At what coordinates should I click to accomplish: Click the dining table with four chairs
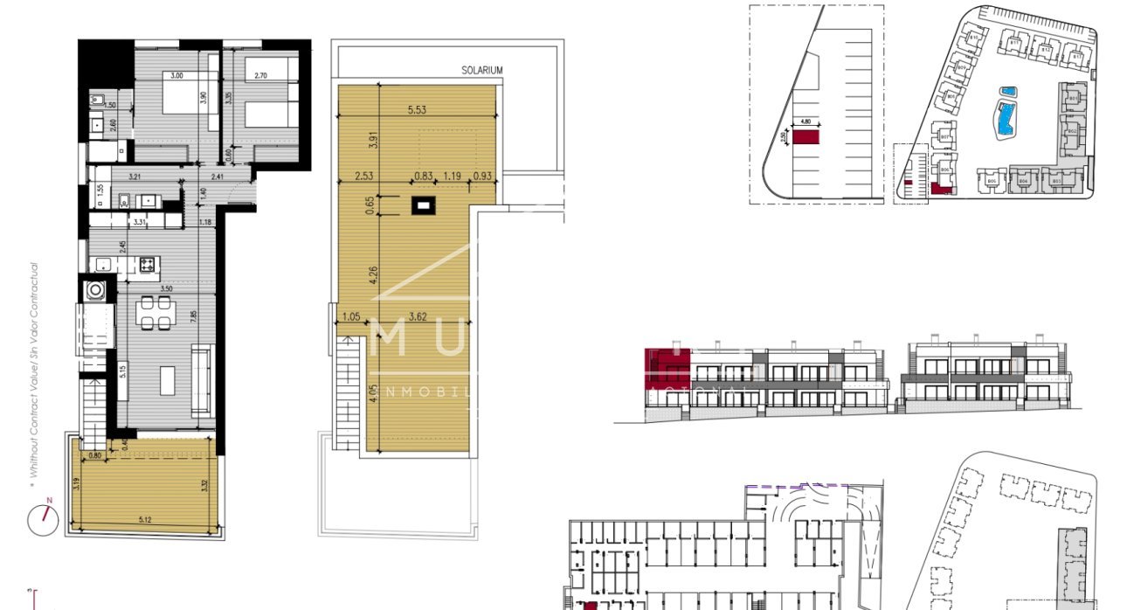156,312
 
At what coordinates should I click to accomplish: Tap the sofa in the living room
202,379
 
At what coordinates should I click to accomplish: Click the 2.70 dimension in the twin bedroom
260,76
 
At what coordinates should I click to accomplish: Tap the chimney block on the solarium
424,206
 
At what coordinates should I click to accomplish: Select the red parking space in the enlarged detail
805,136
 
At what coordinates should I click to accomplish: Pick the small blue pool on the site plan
1008,91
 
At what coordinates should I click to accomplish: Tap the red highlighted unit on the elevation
667,367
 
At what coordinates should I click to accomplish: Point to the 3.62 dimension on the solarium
422,318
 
